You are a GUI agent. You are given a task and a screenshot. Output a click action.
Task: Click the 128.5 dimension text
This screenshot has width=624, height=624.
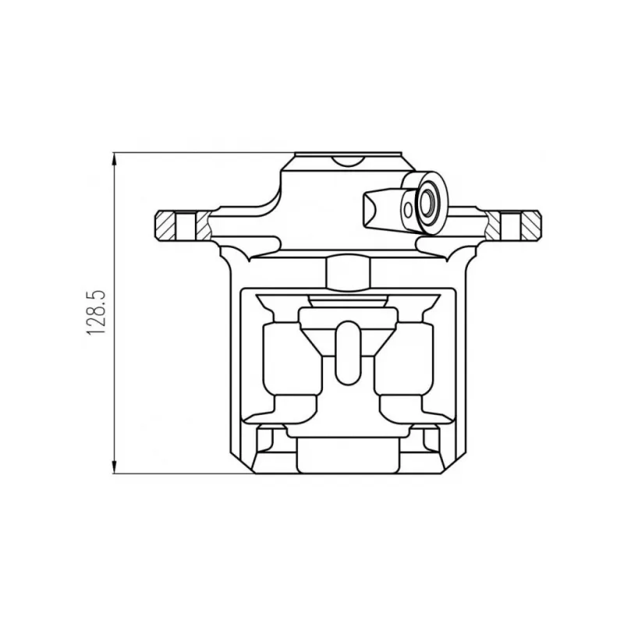[x=95, y=312]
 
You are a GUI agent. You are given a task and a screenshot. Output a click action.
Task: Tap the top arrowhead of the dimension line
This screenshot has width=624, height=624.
[x=115, y=159]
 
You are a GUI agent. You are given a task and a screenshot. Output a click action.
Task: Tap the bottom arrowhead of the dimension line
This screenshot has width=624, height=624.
[x=115, y=466]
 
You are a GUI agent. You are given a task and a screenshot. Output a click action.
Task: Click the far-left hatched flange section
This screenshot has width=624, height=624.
[x=165, y=225]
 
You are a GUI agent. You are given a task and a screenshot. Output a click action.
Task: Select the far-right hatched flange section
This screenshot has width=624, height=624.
[x=530, y=225]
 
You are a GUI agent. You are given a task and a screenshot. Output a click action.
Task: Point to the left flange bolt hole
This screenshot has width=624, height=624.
[x=186, y=227]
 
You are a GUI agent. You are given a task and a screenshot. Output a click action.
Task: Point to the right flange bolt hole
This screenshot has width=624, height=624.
[x=511, y=227]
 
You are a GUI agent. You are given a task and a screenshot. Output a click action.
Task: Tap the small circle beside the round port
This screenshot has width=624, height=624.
[x=408, y=210]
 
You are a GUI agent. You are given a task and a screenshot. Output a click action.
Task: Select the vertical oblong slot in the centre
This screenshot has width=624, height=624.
[x=347, y=353]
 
